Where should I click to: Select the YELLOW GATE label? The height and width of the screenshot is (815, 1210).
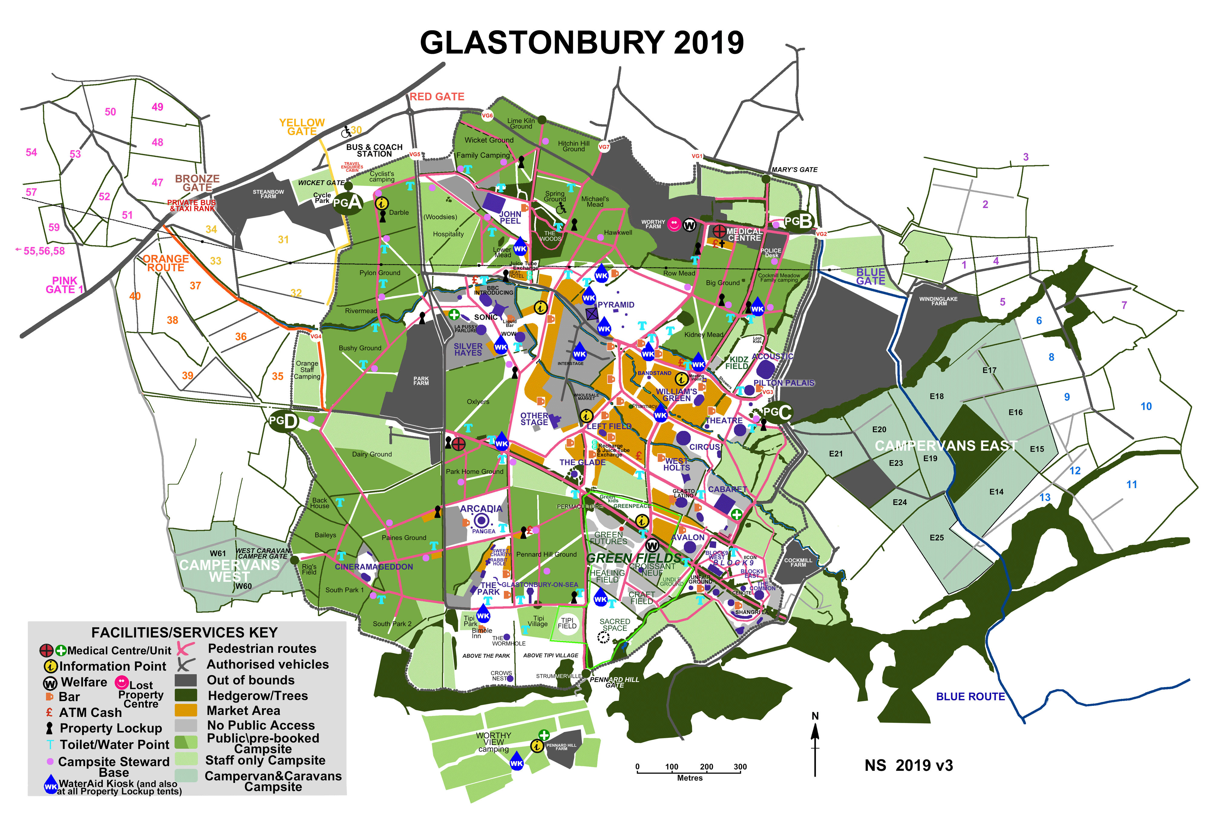coord(302,127)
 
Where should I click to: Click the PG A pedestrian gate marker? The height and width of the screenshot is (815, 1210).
coord(348,203)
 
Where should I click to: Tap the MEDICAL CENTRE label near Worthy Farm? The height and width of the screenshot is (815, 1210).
coord(744,234)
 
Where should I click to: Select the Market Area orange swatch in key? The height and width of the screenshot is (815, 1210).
coord(185,710)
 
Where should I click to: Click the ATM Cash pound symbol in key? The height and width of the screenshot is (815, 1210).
coord(49,712)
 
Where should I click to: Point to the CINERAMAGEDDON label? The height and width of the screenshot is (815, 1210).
coord(373,566)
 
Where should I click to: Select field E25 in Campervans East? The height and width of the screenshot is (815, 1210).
coord(936,537)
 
